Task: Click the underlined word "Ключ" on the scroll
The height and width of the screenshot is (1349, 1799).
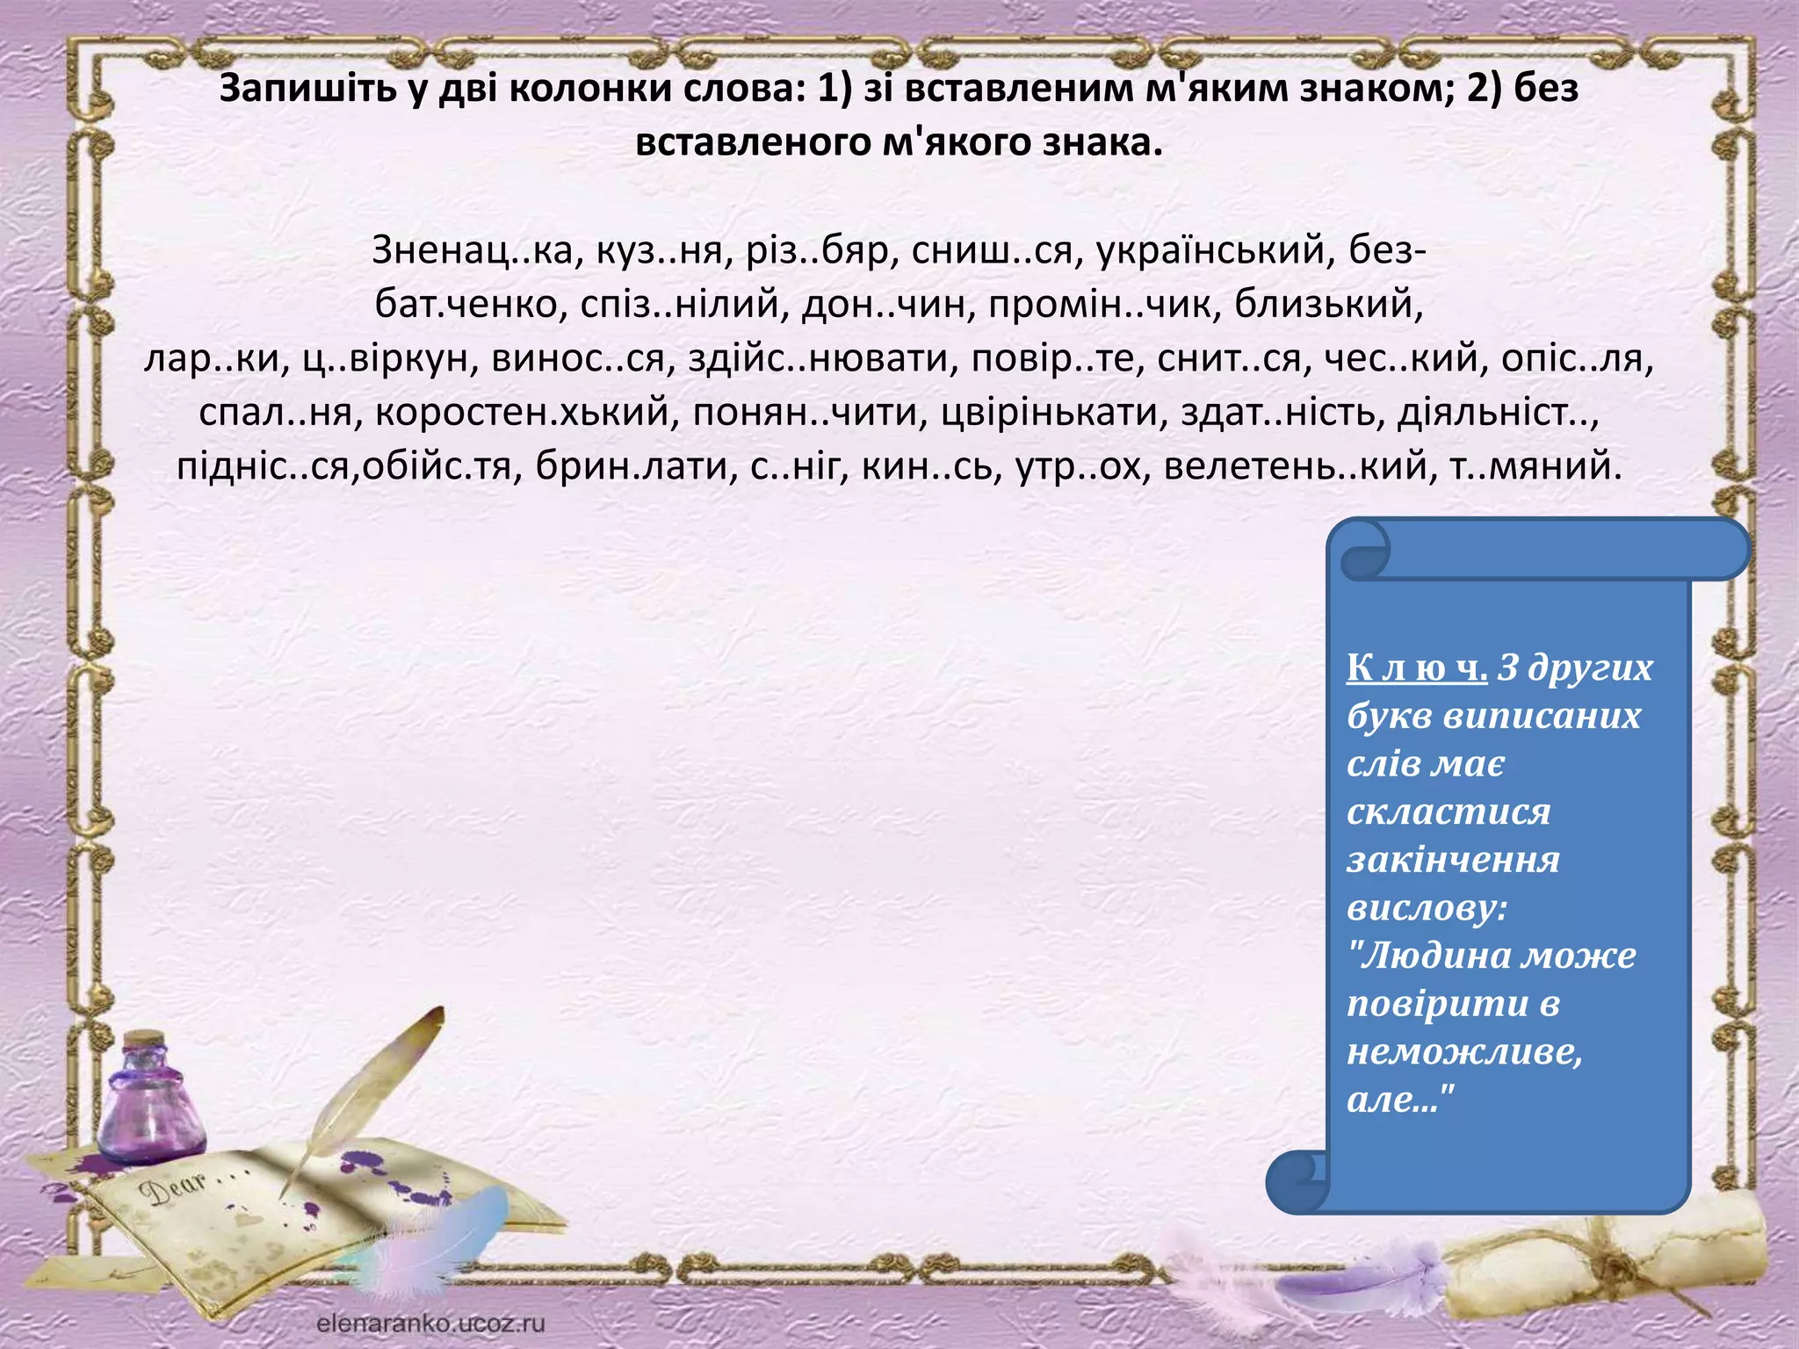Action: [x=1416, y=668]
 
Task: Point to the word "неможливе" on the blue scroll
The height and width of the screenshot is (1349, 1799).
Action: [x=1463, y=1051]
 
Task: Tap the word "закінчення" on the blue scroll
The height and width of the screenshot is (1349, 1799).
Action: [x=1453, y=860]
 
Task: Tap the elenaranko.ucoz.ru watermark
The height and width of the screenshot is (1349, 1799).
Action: [x=430, y=1324]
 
